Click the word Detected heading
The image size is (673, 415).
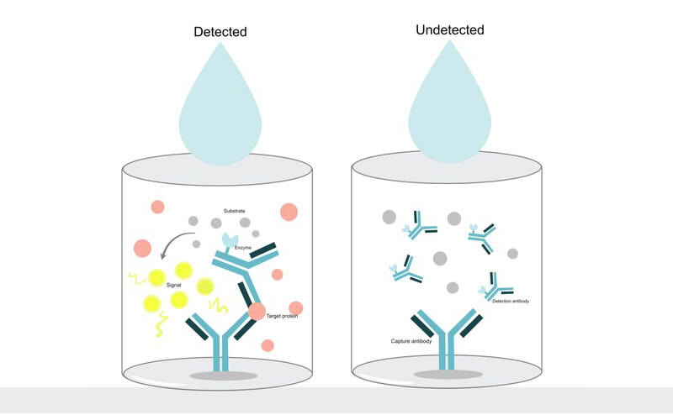pyautogui.click(x=220, y=33)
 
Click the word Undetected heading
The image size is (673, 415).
pyautogui.click(x=450, y=31)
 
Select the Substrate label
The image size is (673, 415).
pyautogui.click(x=235, y=210)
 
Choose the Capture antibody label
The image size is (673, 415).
pyautogui.click(x=411, y=342)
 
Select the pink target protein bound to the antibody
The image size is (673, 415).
pyautogui.click(x=257, y=313)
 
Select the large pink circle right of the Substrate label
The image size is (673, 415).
pyautogui.click(x=288, y=211)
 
